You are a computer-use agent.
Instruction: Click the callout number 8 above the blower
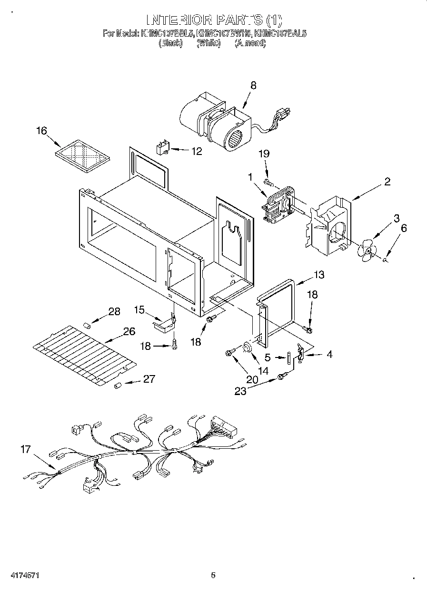[x=253, y=85]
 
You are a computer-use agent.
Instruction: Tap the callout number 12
[x=196, y=151]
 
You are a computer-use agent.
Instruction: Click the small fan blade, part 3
[x=368, y=251]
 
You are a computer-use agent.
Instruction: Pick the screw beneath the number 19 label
[x=268, y=182]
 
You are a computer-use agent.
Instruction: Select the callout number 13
[x=318, y=274]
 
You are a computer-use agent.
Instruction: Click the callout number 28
[x=114, y=311]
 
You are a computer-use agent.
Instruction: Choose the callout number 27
[x=149, y=379]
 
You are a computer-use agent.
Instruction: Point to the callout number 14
[x=263, y=370]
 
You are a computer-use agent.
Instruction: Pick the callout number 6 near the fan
[x=404, y=228]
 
